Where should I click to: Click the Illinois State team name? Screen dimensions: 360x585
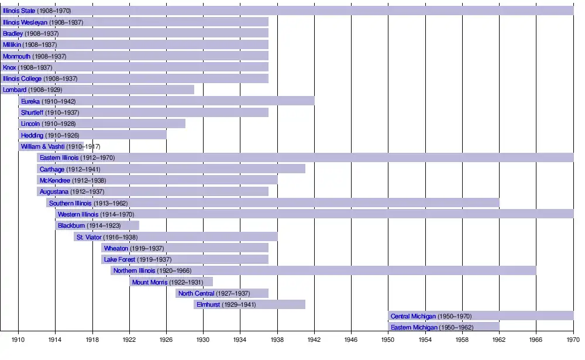19,11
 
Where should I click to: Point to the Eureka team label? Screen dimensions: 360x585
30,101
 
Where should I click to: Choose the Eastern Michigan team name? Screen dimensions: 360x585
414,327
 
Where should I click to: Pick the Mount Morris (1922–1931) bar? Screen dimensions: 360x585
171,282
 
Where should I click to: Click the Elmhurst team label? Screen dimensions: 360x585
208,305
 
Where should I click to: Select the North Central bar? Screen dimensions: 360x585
222,293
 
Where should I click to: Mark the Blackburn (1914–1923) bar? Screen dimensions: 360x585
97,225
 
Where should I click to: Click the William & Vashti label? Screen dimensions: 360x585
43,146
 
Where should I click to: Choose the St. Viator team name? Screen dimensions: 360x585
89,237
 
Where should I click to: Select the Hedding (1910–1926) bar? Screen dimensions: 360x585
92,135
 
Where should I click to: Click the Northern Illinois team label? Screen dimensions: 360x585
134,271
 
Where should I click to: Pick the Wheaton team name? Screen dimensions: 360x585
116,248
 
